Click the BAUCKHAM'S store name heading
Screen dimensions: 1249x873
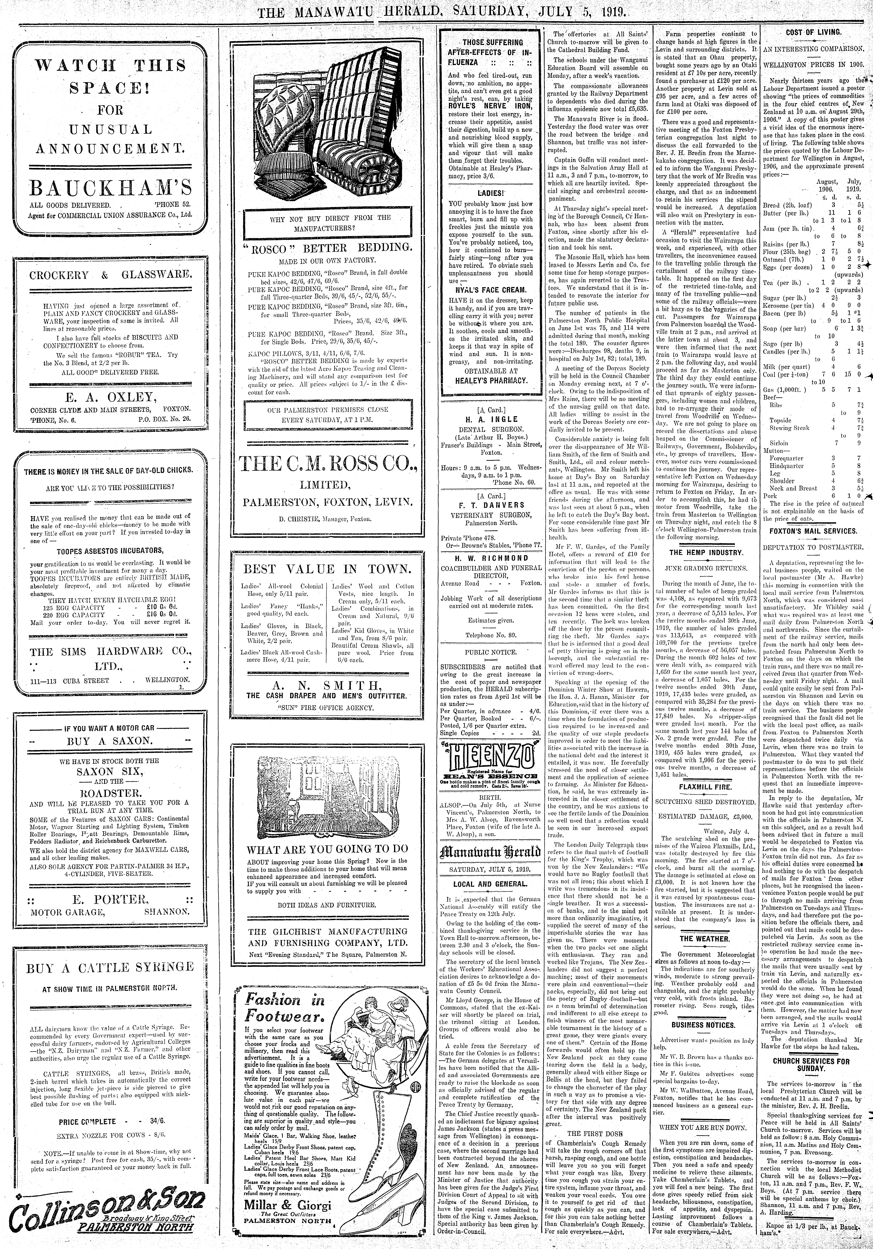[110, 188]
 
